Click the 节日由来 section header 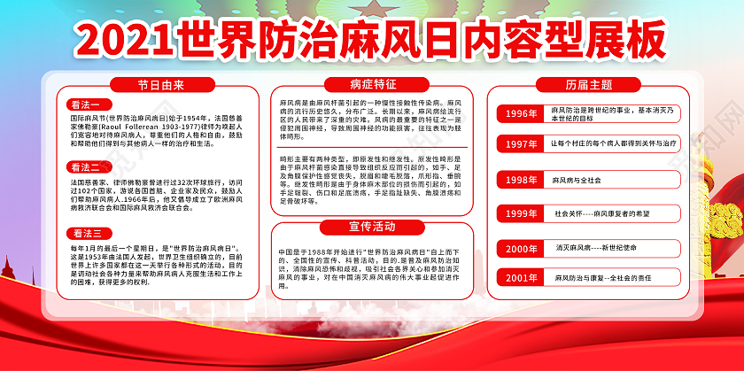pos(159,86)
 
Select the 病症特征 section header pos(373,86)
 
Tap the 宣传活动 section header pos(373,225)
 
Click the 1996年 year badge pos(521,113)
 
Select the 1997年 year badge pos(521,143)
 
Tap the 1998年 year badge pos(521,180)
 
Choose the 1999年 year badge pos(521,213)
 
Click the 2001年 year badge pos(521,278)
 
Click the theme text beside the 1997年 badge pos(614,143)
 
